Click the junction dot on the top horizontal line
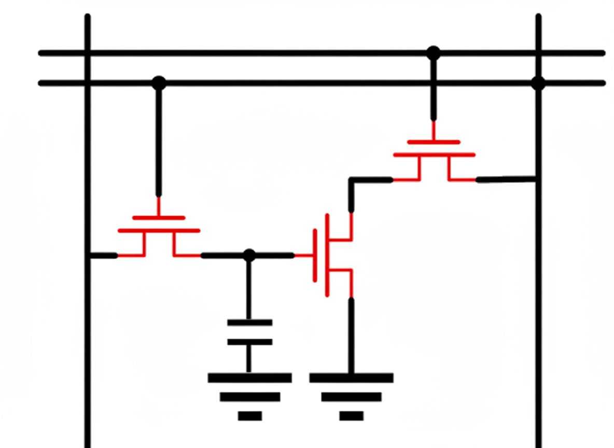pos(433,53)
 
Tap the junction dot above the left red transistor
pos(159,83)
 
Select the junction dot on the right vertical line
pos(538,83)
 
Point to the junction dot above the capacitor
pos(249,255)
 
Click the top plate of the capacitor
pos(249,323)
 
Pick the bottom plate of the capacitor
pos(249,342)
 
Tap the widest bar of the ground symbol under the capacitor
pos(249,377)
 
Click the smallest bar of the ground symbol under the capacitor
pos(249,416)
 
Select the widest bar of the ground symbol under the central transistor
pos(351,377)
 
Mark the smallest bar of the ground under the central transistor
pos(351,416)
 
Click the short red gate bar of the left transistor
pos(159,218)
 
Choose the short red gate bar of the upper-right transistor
pos(434,142)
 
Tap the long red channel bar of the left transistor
pos(159,230)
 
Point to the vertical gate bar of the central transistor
pos(315,256)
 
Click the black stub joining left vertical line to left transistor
pos(103,255)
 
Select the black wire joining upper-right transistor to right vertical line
pos(506,179)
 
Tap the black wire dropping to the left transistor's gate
pos(159,140)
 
